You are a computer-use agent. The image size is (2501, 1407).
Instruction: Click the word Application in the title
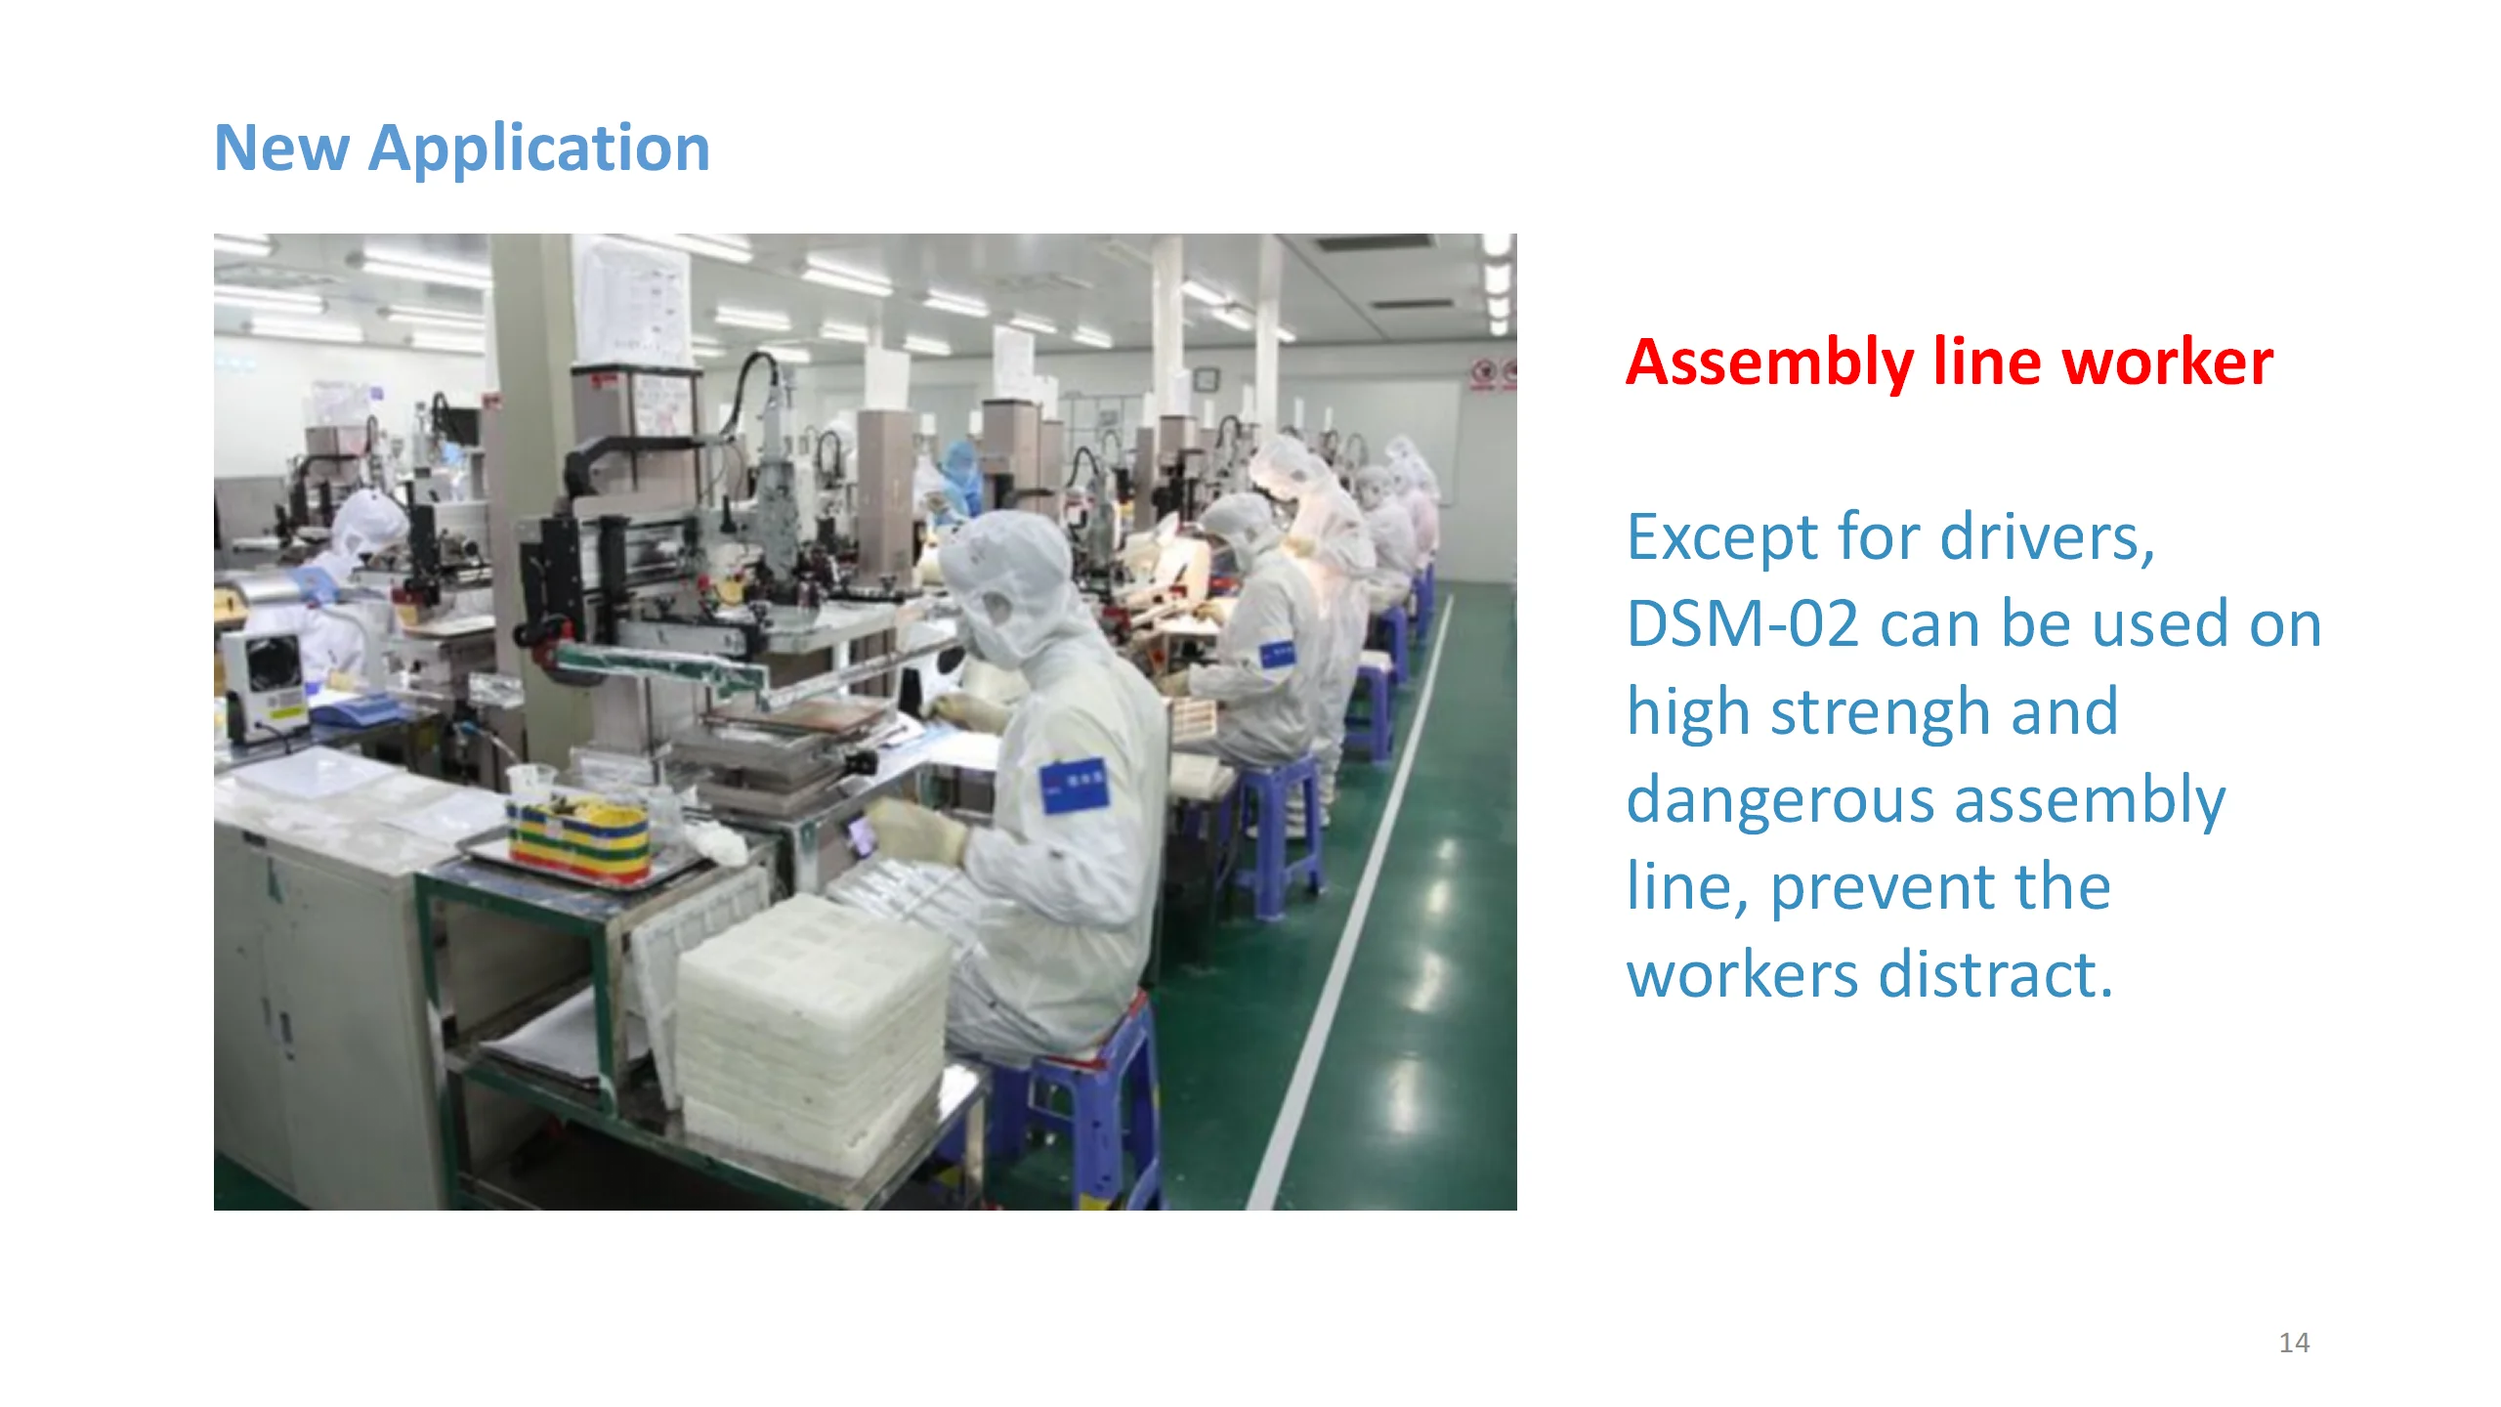[x=539, y=149]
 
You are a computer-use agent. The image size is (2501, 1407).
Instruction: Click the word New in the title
[x=281, y=149]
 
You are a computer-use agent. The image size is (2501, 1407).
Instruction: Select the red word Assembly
[x=1769, y=363]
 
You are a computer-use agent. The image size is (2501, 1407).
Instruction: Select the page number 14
[x=2294, y=1343]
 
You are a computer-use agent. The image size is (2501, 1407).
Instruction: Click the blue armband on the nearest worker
[x=1074, y=785]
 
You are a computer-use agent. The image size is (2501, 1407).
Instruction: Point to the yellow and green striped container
[x=577, y=840]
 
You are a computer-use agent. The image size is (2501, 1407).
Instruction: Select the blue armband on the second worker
[x=1275, y=652]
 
